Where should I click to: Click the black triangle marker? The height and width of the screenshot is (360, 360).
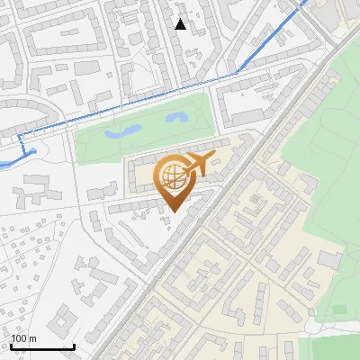click(x=181, y=24)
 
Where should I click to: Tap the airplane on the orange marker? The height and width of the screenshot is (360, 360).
click(x=198, y=166)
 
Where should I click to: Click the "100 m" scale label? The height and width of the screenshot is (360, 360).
click(x=24, y=338)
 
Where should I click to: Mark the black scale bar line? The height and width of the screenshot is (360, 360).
click(x=42, y=346)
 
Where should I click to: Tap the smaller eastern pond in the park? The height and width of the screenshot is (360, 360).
click(x=175, y=117)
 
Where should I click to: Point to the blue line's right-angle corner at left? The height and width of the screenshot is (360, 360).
click(x=20, y=136)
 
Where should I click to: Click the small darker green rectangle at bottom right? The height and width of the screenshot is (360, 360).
click(x=340, y=310)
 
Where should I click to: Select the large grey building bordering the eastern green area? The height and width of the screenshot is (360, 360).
click(x=329, y=260)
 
